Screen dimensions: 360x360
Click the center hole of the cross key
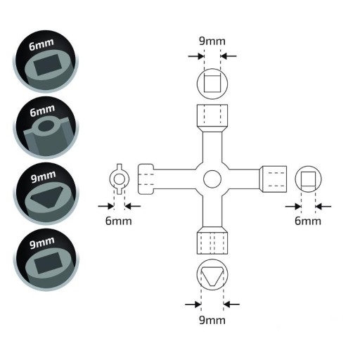[x=212, y=179]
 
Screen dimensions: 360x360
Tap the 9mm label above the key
[x=212, y=41]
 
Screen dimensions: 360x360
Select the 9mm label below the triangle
[x=212, y=320]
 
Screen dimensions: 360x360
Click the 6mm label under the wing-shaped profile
[x=118, y=221]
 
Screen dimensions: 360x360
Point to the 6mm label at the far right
[x=308, y=221]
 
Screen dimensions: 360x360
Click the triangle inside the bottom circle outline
[x=212, y=276]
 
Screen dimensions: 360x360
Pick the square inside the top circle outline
[x=212, y=84]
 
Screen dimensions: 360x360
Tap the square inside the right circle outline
[x=308, y=179]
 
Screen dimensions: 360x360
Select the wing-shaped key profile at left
[x=120, y=179]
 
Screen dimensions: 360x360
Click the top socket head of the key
[x=212, y=118]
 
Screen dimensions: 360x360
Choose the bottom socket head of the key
[x=212, y=240]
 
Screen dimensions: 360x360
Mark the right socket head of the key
[x=273, y=179]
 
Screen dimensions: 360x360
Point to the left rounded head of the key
[x=146, y=179]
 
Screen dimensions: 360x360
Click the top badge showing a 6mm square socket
[x=46, y=61]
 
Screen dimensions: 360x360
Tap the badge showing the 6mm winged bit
[x=46, y=128]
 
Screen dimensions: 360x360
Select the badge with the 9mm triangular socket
[x=46, y=193]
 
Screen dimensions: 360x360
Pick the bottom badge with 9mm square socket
[x=46, y=259]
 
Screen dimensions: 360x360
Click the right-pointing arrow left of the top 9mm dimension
[x=196, y=56]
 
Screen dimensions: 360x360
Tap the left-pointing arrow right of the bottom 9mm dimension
[x=231, y=304]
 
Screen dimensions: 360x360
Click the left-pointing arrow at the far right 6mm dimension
[x=323, y=207]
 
